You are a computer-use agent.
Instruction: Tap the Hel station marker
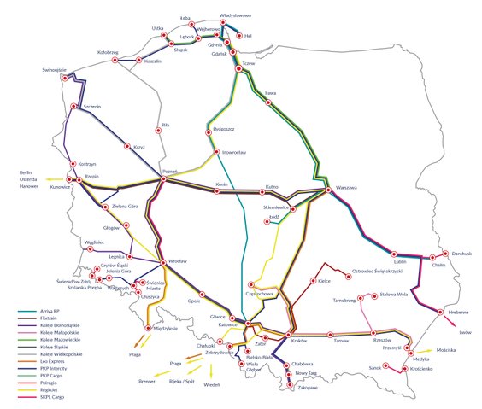pos(238,36)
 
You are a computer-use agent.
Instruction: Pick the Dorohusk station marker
pos(445,253)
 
